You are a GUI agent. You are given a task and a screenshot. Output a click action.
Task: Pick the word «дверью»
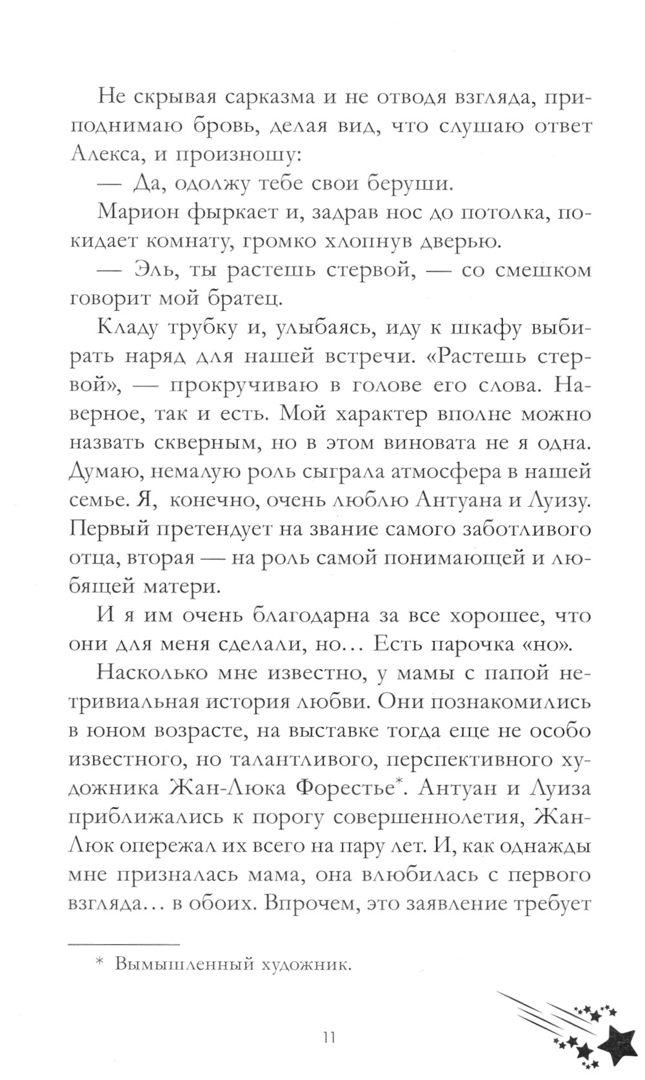coord(458,241)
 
